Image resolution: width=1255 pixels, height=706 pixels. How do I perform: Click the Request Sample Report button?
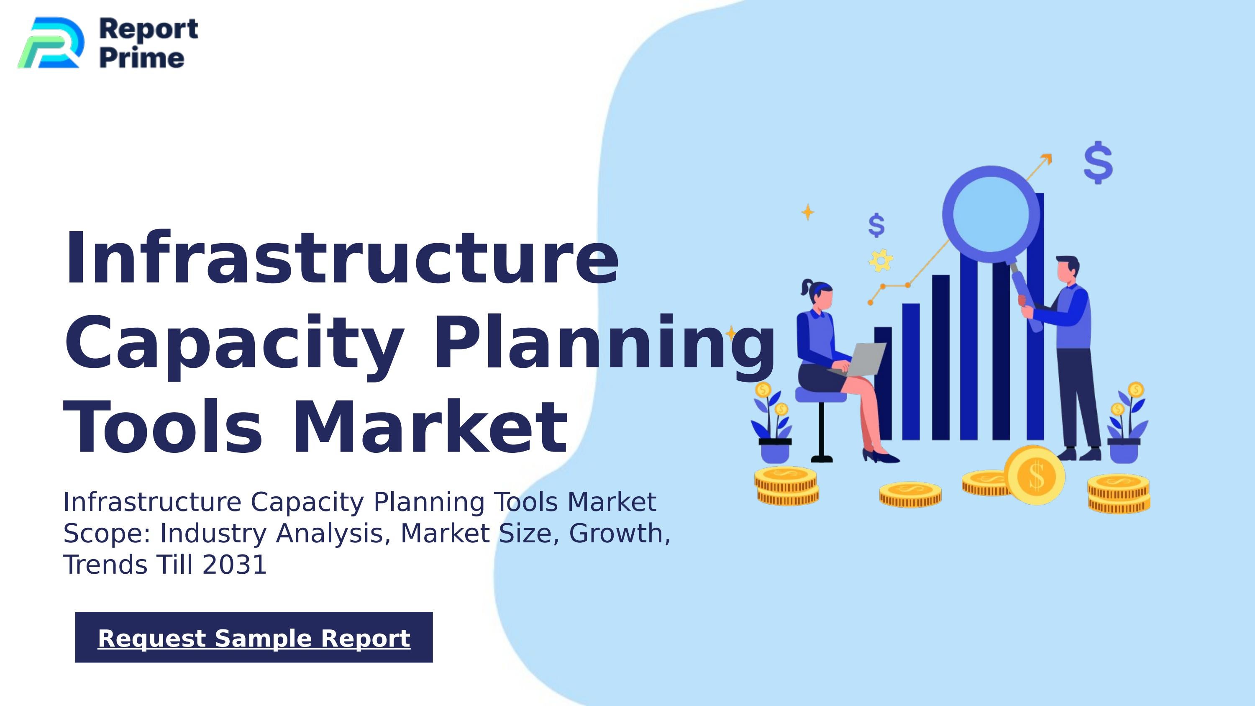pyautogui.click(x=254, y=637)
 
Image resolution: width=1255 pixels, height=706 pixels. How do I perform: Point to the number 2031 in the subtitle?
pyautogui.click(x=234, y=565)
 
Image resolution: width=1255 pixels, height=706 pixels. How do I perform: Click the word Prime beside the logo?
pyautogui.click(x=142, y=59)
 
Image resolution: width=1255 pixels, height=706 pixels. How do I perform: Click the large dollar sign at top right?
pyautogui.click(x=1098, y=162)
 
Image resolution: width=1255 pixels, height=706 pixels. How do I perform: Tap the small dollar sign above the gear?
pyautogui.click(x=876, y=225)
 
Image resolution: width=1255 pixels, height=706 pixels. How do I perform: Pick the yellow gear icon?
pyautogui.click(x=881, y=260)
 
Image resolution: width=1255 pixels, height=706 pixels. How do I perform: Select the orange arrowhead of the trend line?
pyautogui.click(x=1047, y=159)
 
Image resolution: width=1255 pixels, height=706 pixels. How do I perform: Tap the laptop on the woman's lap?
pyautogui.click(x=864, y=359)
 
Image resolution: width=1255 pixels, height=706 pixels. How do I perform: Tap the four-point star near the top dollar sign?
pyautogui.click(x=808, y=212)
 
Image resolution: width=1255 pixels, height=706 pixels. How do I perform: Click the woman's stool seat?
pyautogui.click(x=821, y=394)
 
